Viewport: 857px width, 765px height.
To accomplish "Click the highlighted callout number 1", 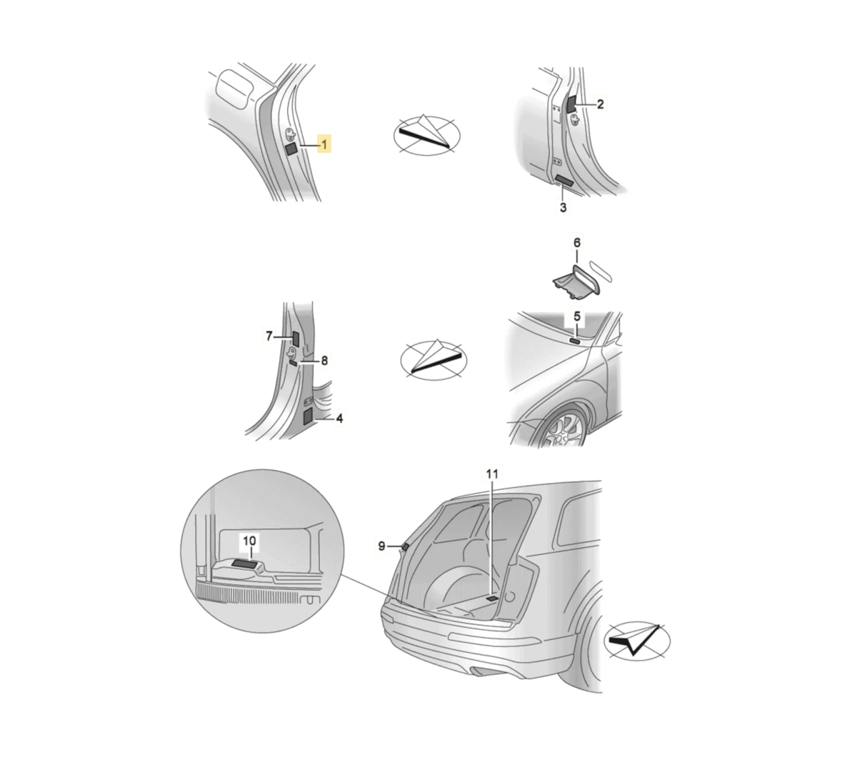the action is pyautogui.click(x=324, y=144).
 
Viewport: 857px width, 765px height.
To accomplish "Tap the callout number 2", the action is pyautogui.click(x=600, y=104).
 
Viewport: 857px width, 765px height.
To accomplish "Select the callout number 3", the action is pyautogui.click(x=563, y=207).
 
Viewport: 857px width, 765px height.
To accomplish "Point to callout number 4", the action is pyautogui.click(x=339, y=419).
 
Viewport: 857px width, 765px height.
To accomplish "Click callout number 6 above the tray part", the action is pyautogui.click(x=576, y=243).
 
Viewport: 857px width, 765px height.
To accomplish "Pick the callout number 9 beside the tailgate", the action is pyautogui.click(x=381, y=546).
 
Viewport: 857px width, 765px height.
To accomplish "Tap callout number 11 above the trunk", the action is pyautogui.click(x=492, y=474).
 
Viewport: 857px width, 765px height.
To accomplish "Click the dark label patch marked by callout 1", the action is pyautogui.click(x=291, y=149).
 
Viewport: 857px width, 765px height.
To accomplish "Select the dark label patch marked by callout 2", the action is pyautogui.click(x=571, y=104).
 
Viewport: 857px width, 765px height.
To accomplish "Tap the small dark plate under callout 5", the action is pyautogui.click(x=575, y=340).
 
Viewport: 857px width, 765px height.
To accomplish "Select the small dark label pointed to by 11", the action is pyautogui.click(x=492, y=599).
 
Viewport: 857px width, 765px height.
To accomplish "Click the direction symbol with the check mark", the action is pyautogui.click(x=636, y=641).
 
